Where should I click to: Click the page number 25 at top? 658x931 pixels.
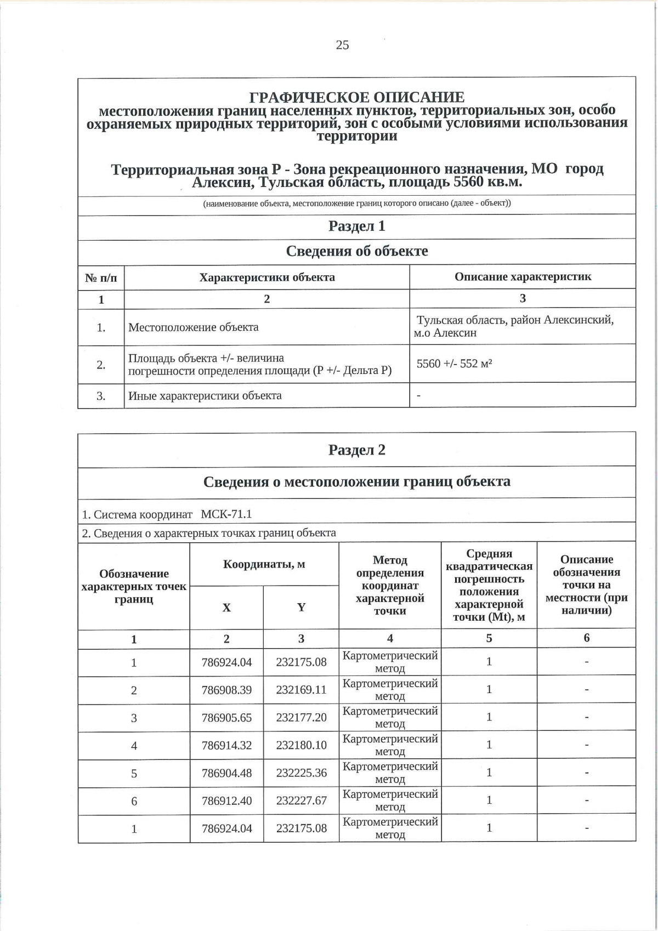342,45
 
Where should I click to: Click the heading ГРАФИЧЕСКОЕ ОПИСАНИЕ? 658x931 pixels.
356,98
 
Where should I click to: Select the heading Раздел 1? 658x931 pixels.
356,226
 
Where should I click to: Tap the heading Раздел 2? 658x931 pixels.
356,450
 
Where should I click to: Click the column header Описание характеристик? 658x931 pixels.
523,277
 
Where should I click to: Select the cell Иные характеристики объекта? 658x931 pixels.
205,396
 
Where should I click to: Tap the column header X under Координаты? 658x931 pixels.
226,608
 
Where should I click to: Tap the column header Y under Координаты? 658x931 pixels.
301,608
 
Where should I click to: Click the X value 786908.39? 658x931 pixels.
226,690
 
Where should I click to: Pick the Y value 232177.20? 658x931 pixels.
301,717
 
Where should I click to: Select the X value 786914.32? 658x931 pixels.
226,745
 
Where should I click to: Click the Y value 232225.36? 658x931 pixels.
301,773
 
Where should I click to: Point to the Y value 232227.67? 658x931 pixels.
301,801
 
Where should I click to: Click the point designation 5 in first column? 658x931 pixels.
134,774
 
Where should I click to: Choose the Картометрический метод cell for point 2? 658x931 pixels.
390,690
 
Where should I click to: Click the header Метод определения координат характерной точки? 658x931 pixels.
390,585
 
